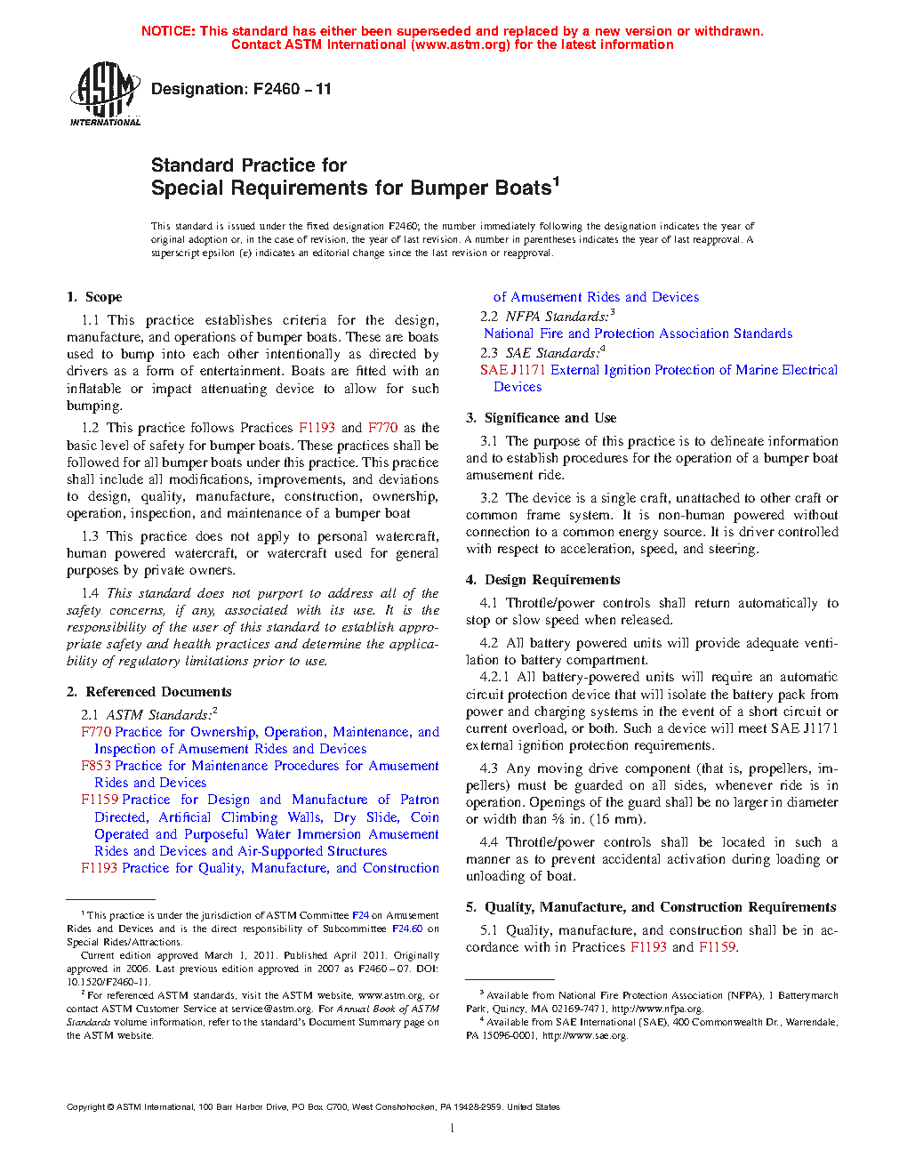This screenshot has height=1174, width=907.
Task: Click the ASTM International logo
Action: [104, 93]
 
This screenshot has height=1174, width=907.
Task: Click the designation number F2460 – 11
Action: [292, 89]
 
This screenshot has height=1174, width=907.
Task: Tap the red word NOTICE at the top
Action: [168, 31]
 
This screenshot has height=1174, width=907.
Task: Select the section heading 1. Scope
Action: [94, 297]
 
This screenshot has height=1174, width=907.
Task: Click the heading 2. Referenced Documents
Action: [148, 692]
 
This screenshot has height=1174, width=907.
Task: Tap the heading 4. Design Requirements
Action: [542, 580]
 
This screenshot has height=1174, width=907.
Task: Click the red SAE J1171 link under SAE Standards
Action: [513, 370]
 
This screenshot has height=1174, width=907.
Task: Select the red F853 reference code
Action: [96, 766]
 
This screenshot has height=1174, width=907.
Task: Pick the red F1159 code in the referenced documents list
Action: [100, 800]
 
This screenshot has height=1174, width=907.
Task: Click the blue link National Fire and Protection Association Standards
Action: [638, 334]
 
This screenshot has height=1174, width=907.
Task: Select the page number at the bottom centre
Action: [453, 1129]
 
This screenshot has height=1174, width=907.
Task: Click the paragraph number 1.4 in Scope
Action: [90, 593]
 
